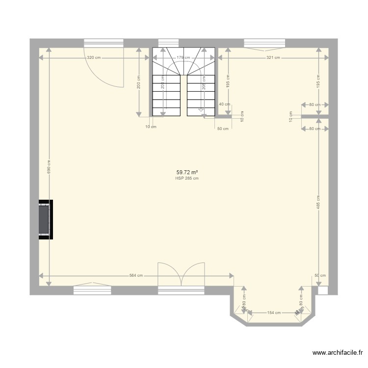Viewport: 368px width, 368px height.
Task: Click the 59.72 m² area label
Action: (x=187, y=172)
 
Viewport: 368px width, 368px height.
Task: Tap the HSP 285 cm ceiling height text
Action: (x=187, y=179)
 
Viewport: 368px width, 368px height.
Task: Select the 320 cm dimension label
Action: (x=94, y=58)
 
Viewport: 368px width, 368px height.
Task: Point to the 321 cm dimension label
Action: (x=273, y=58)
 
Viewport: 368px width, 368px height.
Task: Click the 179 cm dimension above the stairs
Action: (x=184, y=58)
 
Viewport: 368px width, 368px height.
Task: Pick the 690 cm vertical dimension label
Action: (x=49, y=167)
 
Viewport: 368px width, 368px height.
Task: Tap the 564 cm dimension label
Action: (x=136, y=275)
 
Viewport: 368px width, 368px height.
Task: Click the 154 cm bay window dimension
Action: (x=274, y=313)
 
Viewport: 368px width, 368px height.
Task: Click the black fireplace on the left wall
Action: (x=45, y=219)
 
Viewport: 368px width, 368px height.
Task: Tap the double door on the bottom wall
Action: (x=181, y=275)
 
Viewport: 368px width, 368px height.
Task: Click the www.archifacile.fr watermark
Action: (x=338, y=353)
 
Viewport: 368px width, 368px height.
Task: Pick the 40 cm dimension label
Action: (x=224, y=104)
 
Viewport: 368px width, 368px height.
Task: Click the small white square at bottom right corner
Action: (x=322, y=290)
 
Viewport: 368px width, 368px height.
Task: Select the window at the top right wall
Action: (x=265, y=43)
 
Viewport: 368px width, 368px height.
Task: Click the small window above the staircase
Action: (x=168, y=43)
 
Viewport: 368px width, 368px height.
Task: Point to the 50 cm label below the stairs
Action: (x=223, y=129)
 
